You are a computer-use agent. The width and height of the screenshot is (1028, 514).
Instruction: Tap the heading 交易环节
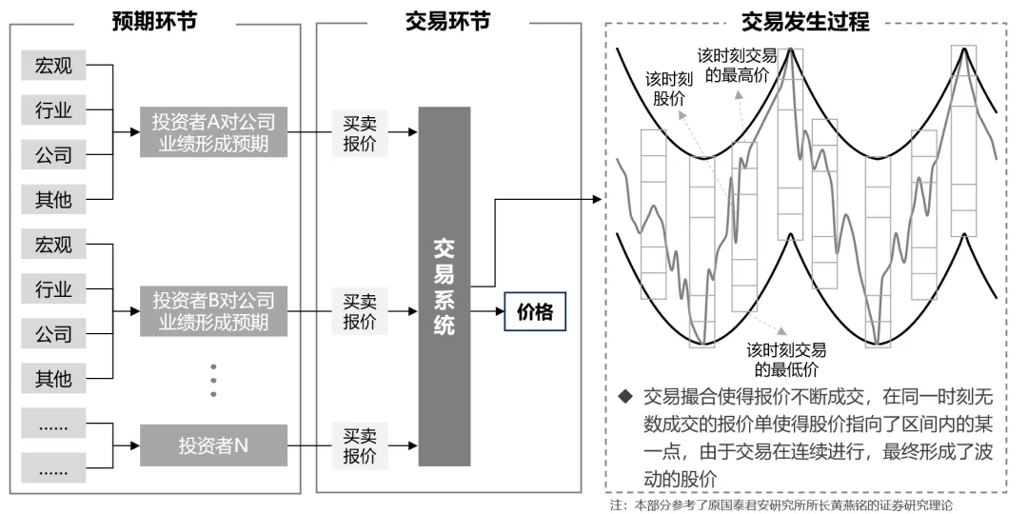point(447,21)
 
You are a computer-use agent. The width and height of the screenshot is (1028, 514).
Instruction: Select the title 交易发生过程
point(806,22)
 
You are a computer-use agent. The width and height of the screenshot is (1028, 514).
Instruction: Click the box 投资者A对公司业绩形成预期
point(212,132)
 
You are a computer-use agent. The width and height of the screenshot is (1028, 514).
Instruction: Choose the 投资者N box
point(212,445)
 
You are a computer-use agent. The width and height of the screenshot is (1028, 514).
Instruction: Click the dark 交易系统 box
point(445,287)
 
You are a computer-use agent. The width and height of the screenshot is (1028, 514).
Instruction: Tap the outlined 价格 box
point(534,311)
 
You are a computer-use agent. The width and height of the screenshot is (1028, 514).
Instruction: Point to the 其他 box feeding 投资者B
point(53,378)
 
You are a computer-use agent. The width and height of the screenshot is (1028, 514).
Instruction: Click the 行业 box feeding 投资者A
point(53,110)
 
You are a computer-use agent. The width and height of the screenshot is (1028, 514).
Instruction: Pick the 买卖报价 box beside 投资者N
point(360,445)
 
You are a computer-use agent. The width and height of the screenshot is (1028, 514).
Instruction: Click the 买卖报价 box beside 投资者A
point(360,132)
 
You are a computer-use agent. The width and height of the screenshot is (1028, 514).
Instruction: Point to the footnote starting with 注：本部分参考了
point(781,504)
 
